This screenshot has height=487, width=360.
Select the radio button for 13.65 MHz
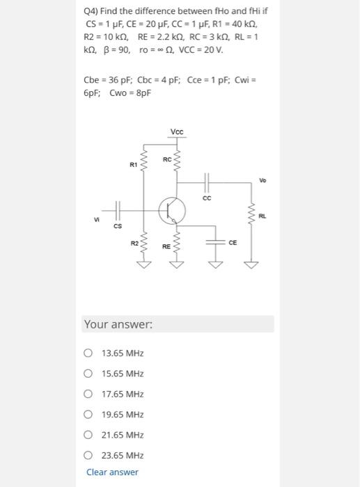[x=88, y=353]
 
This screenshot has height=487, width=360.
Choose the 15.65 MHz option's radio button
[x=88, y=374]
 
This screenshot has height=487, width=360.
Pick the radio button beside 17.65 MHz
[x=88, y=394]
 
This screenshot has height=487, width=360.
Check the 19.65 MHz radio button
[x=88, y=415]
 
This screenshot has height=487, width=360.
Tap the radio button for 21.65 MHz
[x=88, y=435]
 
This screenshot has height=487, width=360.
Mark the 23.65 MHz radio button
[x=88, y=456]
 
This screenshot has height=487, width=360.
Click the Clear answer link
[x=112, y=472]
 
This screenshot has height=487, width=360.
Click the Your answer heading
[x=118, y=324]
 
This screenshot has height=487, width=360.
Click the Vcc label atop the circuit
[x=177, y=132]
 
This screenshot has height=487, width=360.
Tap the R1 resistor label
[x=133, y=166]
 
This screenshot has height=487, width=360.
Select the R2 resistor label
[x=134, y=242]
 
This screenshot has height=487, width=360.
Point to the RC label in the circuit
[x=166, y=160]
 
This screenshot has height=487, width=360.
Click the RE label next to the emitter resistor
[x=166, y=246]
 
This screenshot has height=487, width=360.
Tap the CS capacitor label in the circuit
[x=118, y=225]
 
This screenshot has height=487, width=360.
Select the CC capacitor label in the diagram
[x=206, y=198]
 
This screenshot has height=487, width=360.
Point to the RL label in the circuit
[x=262, y=216]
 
